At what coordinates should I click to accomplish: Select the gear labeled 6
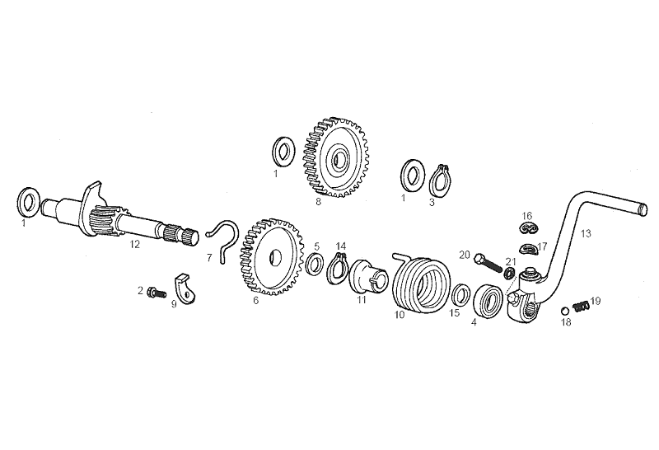tap(272, 256)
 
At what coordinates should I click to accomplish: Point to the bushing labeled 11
tap(369, 277)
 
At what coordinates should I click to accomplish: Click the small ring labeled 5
tap(315, 264)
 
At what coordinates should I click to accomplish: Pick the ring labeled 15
tap(461, 294)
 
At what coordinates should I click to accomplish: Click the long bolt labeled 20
tap(488, 263)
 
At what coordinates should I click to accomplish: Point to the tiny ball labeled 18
tap(565, 311)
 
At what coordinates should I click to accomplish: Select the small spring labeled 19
tap(582, 307)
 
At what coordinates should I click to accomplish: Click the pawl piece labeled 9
tap(185, 288)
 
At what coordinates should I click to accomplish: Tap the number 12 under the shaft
tap(134, 244)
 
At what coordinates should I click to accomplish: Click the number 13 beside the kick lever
tap(586, 233)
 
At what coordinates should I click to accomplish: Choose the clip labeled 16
tap(528, 227)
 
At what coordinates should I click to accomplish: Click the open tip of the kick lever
tap(642, 209)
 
